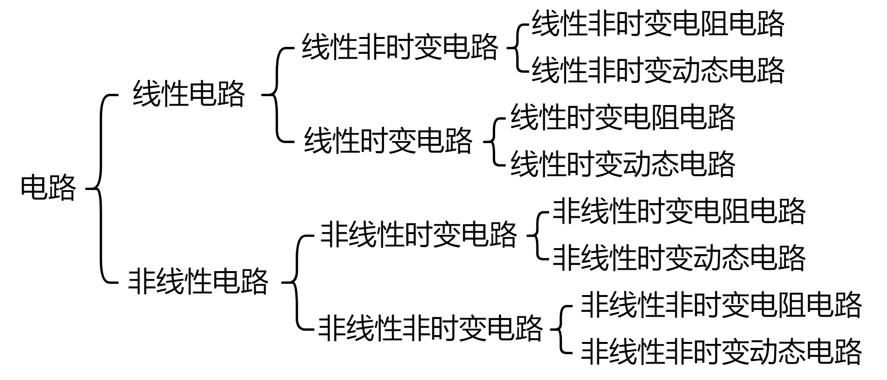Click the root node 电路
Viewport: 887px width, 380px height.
tap(48, 188)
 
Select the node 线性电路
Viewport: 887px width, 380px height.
tap(189, 94)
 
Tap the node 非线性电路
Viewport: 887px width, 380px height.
tap(198, 281)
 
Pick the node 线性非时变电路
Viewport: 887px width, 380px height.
tap(399, 47)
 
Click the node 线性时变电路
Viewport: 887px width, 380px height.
tap(388, 140)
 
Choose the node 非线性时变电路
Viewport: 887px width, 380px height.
tap(418, 234)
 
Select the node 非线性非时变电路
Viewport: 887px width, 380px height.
tap(430, 328)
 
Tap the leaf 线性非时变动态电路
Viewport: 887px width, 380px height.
tap(658, 70)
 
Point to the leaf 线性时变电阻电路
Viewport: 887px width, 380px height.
tap(622, 117)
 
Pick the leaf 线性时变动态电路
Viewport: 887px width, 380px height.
tap(622, 164)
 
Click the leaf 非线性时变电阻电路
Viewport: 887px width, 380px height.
tap(679, 211)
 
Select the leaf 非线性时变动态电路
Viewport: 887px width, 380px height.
tap(679, 258)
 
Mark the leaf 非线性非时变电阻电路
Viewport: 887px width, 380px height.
tap(721, 305)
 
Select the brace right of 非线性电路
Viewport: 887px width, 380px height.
tap(297, 282)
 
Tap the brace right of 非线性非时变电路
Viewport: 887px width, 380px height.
tap(561, 328)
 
